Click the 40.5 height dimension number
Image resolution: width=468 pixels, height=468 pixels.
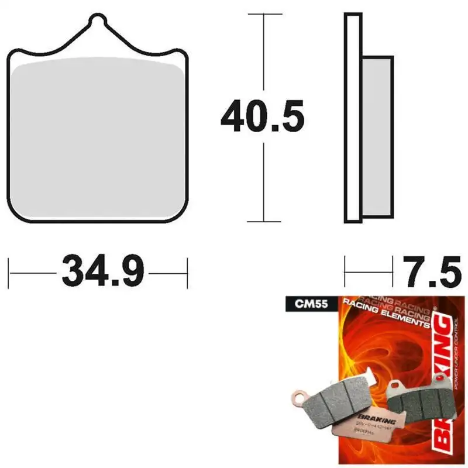point(263,118)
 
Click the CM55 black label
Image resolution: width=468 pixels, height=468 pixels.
point(302,304)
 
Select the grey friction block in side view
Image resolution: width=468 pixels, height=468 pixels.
point(377,135)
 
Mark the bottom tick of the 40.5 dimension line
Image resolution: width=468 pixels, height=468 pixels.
point(264,222)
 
